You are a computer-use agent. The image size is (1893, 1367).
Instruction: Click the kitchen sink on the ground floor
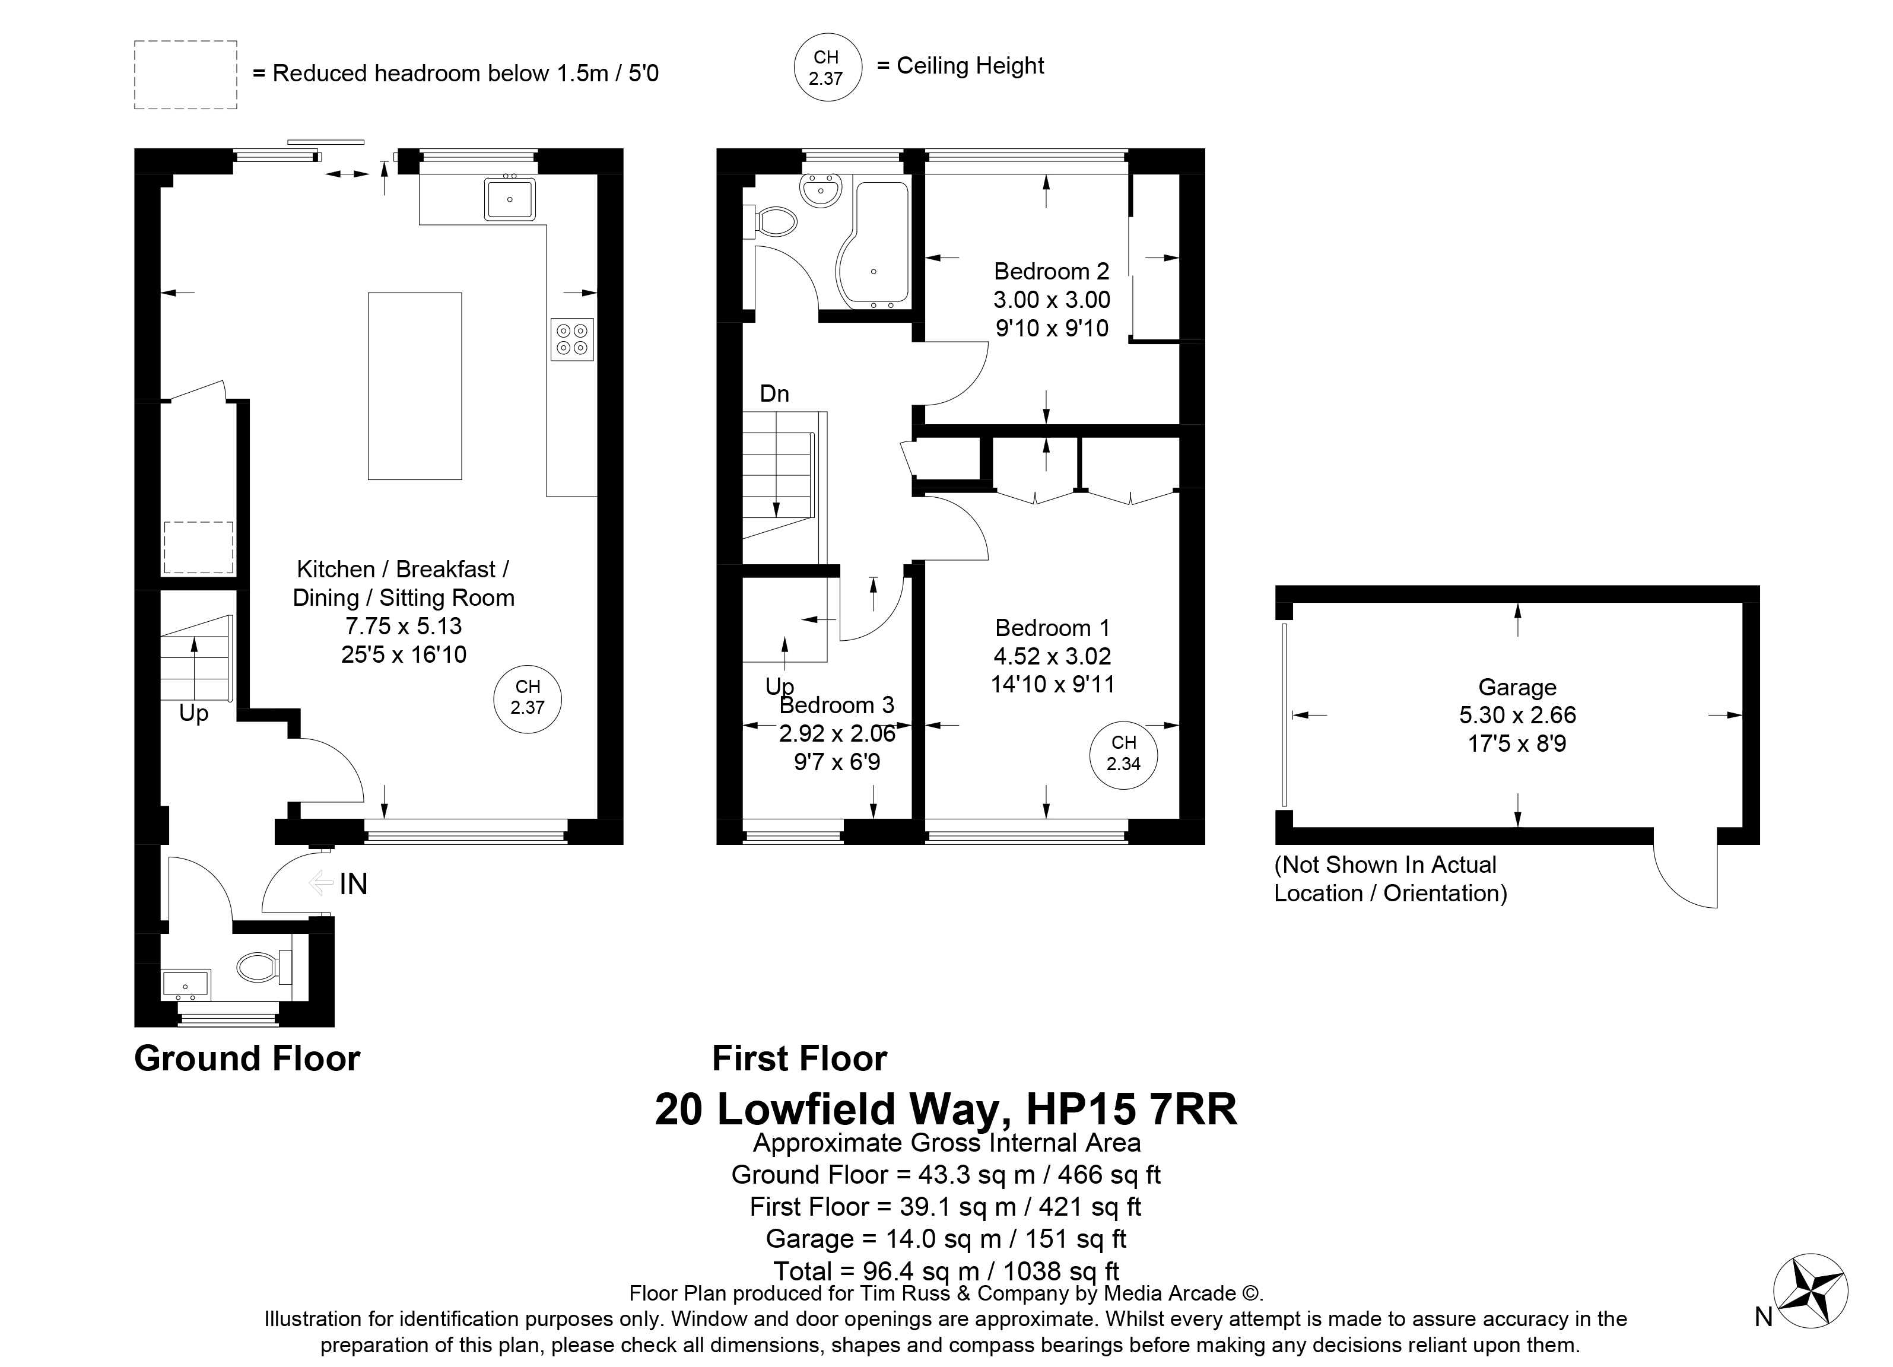[509, 198]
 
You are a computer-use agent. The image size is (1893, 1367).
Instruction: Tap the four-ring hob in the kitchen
[571, 339]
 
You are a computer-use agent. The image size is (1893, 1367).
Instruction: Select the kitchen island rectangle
[415, 386]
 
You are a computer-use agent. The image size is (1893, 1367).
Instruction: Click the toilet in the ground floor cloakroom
[263, 967]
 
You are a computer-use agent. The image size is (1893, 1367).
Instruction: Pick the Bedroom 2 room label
[1052, 271]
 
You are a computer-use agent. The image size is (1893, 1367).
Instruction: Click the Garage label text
[1517, 687]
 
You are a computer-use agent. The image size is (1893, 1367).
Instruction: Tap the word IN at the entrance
[353, 884]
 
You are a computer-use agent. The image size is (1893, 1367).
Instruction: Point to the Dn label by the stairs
[774, 394]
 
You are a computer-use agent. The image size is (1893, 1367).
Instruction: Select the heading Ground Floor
[247, 1058]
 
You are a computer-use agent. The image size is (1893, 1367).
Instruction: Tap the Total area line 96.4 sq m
[946, 1270]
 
